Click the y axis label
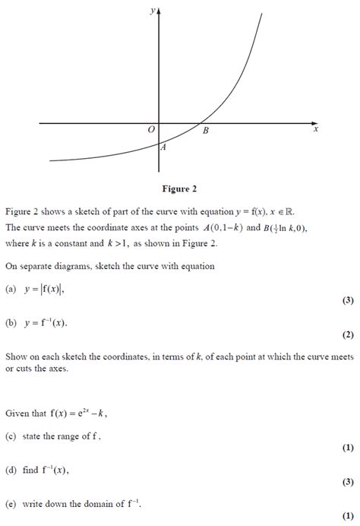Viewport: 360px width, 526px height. click(153, 10)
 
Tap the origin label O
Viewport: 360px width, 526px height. click(151, 131)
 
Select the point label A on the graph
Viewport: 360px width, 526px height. click(163, 148)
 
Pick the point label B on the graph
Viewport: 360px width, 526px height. click(205, 131)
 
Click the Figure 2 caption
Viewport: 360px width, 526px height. click(179, 189)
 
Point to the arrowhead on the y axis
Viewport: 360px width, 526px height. click(159, 11)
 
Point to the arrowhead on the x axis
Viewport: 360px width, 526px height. click(316, 122)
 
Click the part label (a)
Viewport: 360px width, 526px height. click(11, 289)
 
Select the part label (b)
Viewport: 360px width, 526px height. click(11, 322)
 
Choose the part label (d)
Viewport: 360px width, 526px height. click(11, 471)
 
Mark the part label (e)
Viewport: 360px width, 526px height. click(11, 504)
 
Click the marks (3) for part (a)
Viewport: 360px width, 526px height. click(348, 300)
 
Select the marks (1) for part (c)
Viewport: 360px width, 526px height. click(348, 448)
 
